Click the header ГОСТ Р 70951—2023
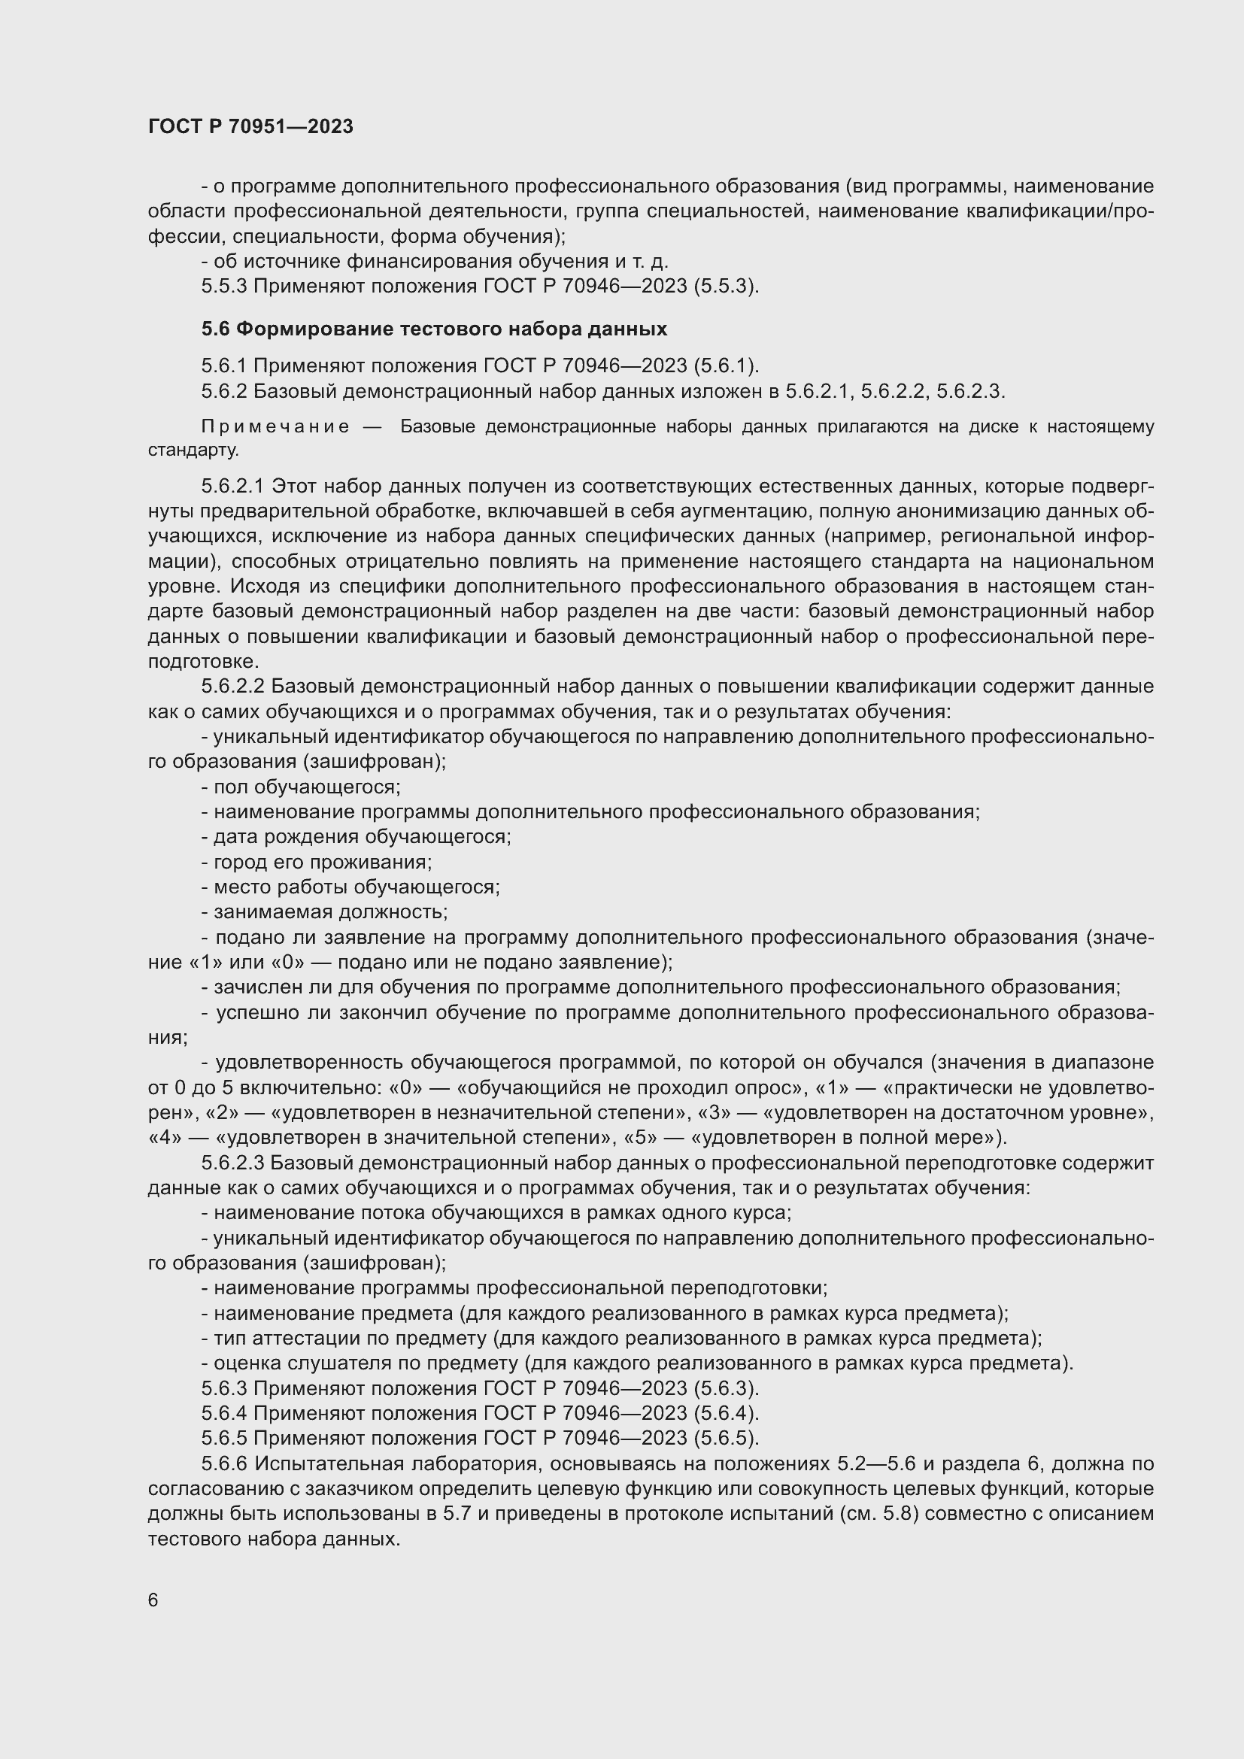250,126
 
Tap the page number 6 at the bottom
153,1600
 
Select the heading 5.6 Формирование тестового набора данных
433,329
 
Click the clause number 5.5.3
223,286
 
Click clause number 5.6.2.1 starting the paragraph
233,487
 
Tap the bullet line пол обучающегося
300,787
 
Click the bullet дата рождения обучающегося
357,836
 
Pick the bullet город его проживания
317,862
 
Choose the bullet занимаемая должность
324,911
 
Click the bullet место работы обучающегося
350,887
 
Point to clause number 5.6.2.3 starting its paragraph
233,1163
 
